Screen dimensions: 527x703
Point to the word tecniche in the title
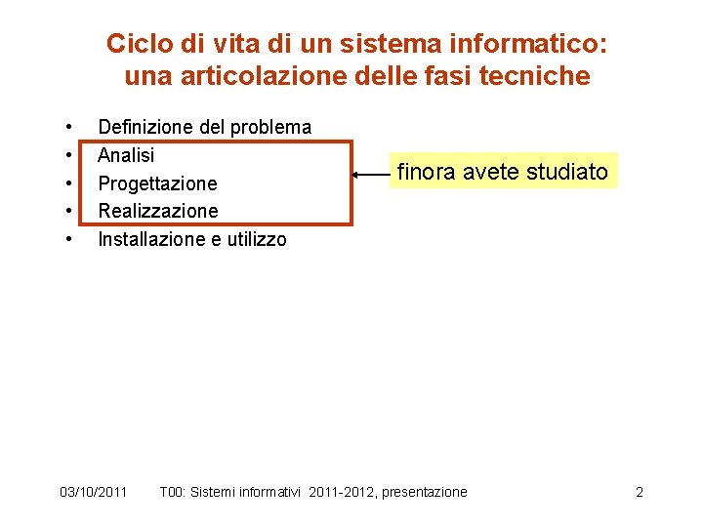[x=542, y=75]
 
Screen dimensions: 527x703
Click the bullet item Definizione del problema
[x=205, y=127]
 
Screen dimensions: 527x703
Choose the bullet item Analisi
[x=127, y=155]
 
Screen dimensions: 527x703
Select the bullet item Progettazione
[x=158, y=183]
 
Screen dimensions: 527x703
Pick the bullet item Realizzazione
[x=158, y=211]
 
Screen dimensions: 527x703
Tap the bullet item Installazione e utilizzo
[x=192, y=239]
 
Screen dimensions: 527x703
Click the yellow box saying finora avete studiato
[x=503, y=172]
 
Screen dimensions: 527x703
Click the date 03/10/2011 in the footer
[x=93, y=492]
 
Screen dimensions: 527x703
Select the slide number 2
[x=640, y=492]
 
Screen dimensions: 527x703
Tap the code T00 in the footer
[x=172, y=492]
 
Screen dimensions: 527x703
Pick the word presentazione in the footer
[x=425, y=492]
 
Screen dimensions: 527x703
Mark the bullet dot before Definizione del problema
[x=70, y=127]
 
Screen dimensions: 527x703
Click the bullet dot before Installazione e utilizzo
[x=70, y=239]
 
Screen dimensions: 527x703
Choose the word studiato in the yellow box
[x=568, y=172]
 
